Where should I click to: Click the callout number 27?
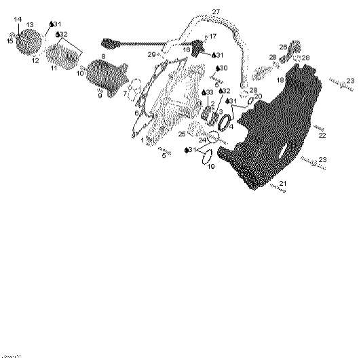[216, 12]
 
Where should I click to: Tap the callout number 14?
[18, 19]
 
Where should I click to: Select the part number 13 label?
[29, 25]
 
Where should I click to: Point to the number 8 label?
[103, 56]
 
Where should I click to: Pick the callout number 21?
[283, 184]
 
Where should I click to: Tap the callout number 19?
[210, 166]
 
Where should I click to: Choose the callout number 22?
[322, 136]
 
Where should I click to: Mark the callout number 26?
[283, 47]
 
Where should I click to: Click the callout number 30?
[224, 68]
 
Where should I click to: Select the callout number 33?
[210, 92]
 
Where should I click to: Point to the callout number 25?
[182, 134]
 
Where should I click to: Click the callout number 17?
[212, 37]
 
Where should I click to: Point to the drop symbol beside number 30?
[216, 68]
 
